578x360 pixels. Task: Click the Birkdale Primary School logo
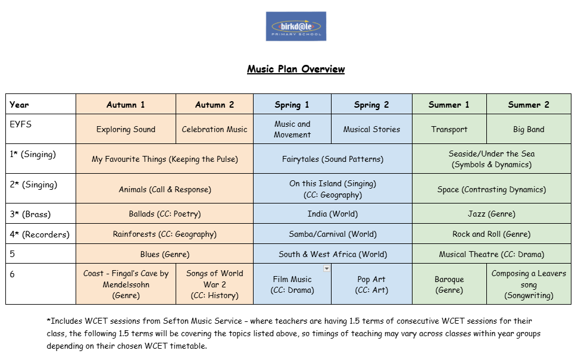[x=296, y=26]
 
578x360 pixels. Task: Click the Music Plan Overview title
[x=296, y=69]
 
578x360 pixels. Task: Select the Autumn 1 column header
[x=126, y=105]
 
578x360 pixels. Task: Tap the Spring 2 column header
[x=371, y=105]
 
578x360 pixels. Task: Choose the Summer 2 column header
[x=529, y=105]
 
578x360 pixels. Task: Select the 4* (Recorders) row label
[x=40, y=234]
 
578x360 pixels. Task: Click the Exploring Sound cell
[x=126, y=129]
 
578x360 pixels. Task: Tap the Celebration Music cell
[x=214, y=129]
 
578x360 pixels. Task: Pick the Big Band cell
[x=529, y=129]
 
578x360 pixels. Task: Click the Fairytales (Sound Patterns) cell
[x=333, y=159]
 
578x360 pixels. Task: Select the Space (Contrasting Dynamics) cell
[x=491, y=189]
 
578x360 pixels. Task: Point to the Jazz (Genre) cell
[x=491, y=214]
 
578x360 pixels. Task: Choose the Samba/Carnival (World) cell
[x=333, y=234]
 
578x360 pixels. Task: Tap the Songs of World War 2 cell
[x=214, y=284]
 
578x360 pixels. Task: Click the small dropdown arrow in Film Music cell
[x=326, y=269]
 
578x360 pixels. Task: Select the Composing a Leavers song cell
[x=529, y=284]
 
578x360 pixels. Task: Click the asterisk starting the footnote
[x=48, y=320]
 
